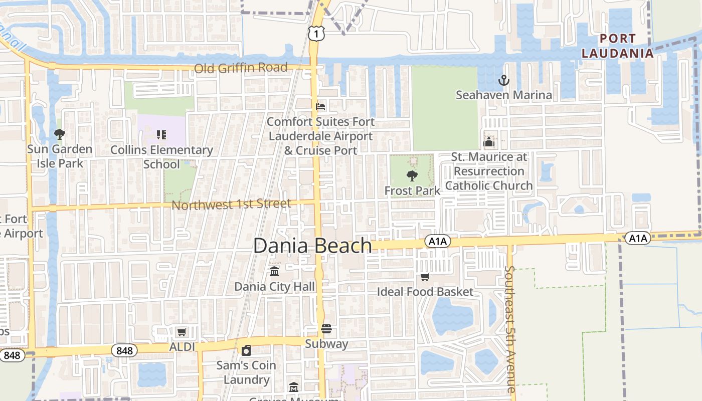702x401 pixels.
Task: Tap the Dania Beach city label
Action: click(312, 246)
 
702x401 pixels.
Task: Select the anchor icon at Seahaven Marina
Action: click(503, 80)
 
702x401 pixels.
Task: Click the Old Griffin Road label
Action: click(241, 68)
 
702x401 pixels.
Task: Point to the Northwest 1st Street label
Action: click(231, 205)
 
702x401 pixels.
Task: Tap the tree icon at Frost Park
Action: click(412, 176)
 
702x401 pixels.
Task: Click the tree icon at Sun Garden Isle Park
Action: click(59, 134)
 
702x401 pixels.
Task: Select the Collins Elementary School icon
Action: click(161, 134)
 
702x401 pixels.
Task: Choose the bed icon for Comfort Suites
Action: click(320, 107)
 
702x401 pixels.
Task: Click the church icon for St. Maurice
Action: click(489, 142)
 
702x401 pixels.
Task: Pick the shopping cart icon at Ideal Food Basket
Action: click(425, 277)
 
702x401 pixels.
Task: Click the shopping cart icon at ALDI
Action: click(182, 332)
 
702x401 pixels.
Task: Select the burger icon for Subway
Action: click(326, 329)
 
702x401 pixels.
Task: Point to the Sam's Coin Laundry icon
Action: click(246, 350)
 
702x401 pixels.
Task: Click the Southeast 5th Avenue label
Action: click(509, 329)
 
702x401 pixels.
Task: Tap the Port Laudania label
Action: click(618, 46)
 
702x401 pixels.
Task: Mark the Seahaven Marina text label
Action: click(503, 95)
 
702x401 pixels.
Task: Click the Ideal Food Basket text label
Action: click(425, 291)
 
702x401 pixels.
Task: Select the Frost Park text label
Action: click(412, 190)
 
